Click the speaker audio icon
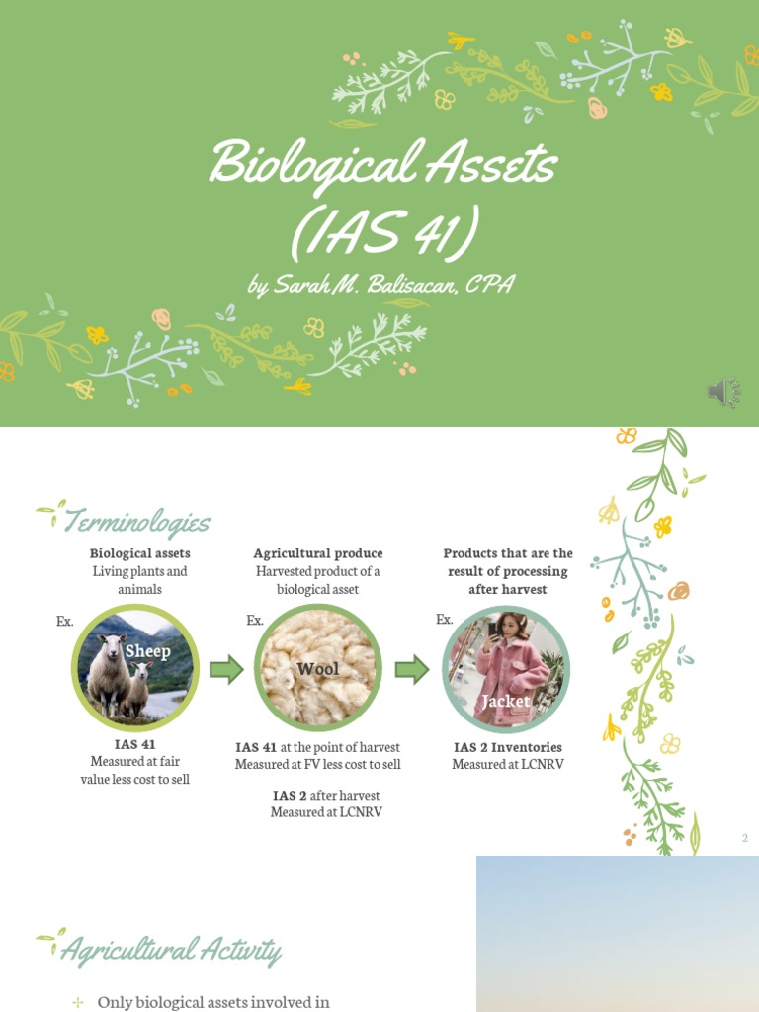pyautogui.click(x=723, y=393)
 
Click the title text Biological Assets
pyautogui.click(x=383, y=164)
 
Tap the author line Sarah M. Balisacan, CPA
pyautogui.click(x=381, y=285)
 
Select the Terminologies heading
pyautogui.click(x=135, y=521)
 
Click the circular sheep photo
pyautogui.click(x=135, y=668)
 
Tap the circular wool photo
pyautogui.click(x=317, y=668)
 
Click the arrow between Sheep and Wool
pyautogui.click(x=226, y=670)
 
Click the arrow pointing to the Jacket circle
pyautogui.click(x=412, y=670)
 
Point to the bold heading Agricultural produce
pyautogui.click(x=317, y=553)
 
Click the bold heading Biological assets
pyautogui.click(x=139, y=553)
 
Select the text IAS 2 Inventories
pyautogui.click(x=508, y=747)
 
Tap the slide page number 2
pyautogui.click(x=745, y=838)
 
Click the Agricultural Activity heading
pyautogui.click(x=170, y=950)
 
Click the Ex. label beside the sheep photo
pyautogui.click(x=65, y=621)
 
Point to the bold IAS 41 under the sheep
pyautogui.click(x=134, y=744)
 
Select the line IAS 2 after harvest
pyautogui.click(x=326, y=795)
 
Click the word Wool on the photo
pyautogui.click(x=317, y=669)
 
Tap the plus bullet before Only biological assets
pyautogui.click(x=78, y=1002)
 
